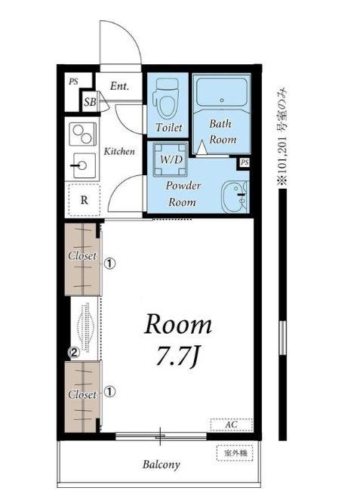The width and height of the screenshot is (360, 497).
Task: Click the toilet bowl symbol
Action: tap(166, 99)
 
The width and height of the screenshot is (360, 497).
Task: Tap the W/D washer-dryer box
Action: tap(170, 159)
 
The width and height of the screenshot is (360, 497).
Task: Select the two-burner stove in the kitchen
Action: tap(82, 134)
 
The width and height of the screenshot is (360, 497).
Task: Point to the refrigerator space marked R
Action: tap(85, 200)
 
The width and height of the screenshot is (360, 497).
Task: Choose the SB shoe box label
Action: tap(90, 102)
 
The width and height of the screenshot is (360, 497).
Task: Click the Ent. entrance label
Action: tap(119, 86)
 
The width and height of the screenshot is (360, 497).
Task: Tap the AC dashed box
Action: tap(232, 424)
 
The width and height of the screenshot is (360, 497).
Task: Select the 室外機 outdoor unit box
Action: tap(235, 453)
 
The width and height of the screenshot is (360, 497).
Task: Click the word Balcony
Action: tap(162, 465)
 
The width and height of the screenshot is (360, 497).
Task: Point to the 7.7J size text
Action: tap(177, 357)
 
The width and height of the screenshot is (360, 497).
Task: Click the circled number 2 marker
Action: tap(74, 352)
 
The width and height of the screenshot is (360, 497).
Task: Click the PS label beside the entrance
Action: tap(73, 82)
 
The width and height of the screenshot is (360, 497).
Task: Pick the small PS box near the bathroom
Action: tap(244, 162)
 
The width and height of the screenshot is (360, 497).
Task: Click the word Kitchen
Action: tap(119, 152)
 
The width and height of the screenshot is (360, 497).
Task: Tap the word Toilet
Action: tap(169, 128)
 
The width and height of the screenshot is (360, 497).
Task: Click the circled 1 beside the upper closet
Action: tap(110, 264)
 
